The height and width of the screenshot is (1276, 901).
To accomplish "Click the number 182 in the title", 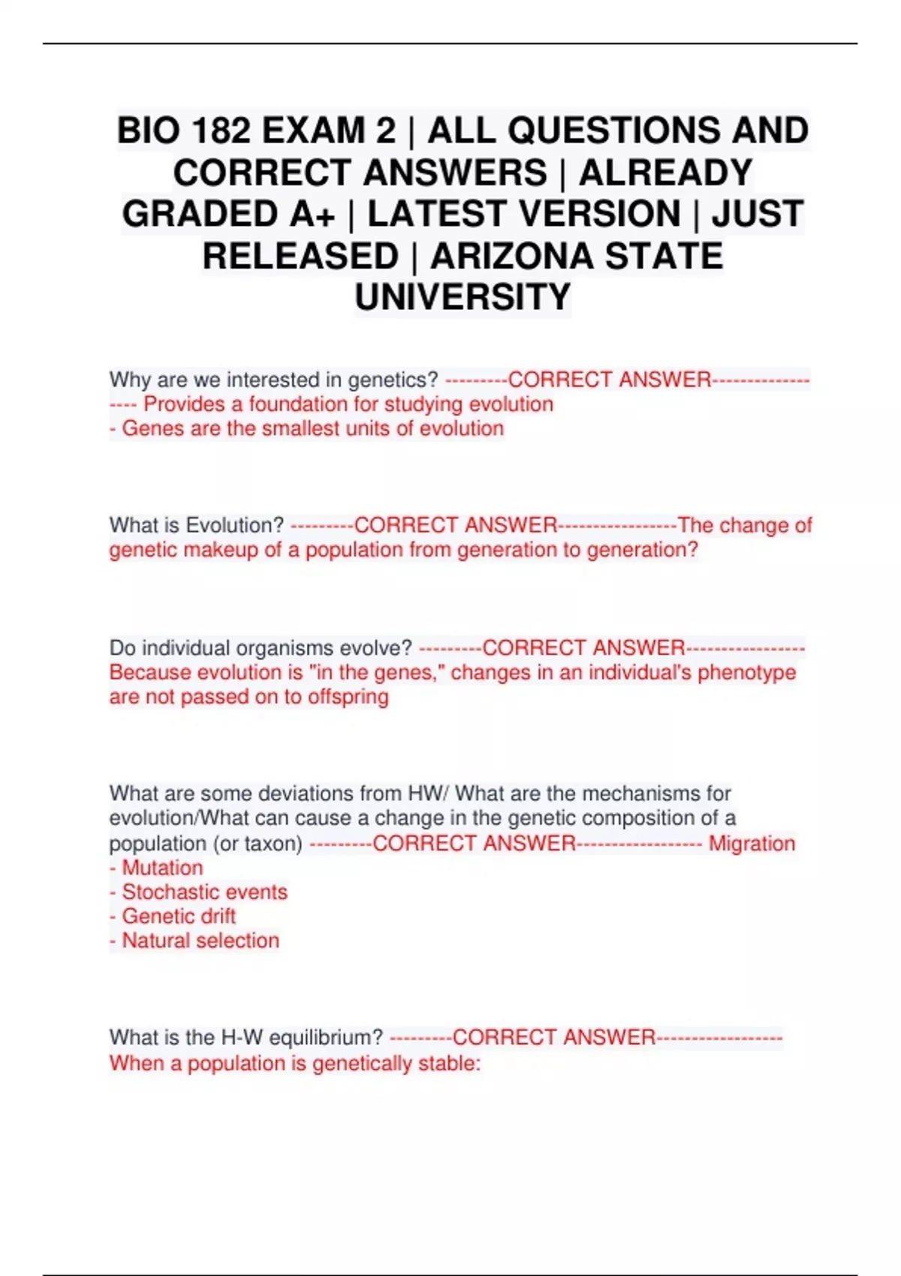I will pyautogui.click(x=220, y=131).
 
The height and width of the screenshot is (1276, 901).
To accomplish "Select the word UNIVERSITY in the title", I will pyautogui.click(x=463, y=297).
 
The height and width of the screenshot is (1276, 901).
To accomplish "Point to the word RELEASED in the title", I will pyautogui.click(x=300, y=256).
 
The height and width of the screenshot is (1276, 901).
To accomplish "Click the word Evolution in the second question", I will pyautogui.click(x=234, y=525).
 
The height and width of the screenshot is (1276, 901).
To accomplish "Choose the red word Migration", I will pyautogui.click(x=752, y=844).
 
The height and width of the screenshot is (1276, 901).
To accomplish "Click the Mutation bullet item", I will pyautogui.click(x=162, y=868).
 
